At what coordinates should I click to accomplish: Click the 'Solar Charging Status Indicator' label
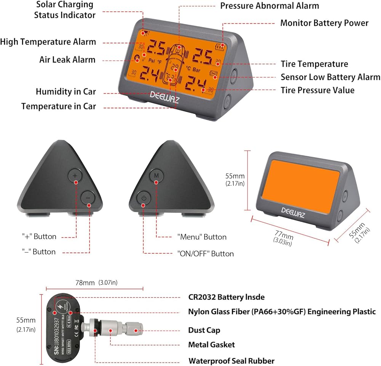[64, 10]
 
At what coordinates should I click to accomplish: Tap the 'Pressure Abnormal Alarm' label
[270, 6]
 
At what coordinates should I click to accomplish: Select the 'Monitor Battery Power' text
[324, 23]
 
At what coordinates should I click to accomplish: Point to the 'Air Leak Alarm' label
[67, 60]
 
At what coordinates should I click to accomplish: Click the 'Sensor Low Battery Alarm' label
[330, 77]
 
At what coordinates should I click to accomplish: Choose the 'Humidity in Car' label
[66, 92]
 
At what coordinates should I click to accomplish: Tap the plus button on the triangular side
[75, 176]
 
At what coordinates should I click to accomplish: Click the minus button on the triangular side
[88, 198]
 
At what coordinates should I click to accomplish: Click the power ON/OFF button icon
[143, 198]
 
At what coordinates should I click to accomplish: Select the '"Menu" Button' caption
[202, 237]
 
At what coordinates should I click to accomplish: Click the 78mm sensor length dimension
[84, 283]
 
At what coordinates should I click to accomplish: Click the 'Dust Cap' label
[204, 330]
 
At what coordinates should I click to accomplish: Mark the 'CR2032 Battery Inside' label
[226, 297]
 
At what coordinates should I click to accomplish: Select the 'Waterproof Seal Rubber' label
[231, 361]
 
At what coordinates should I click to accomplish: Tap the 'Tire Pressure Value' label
[318, 90]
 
